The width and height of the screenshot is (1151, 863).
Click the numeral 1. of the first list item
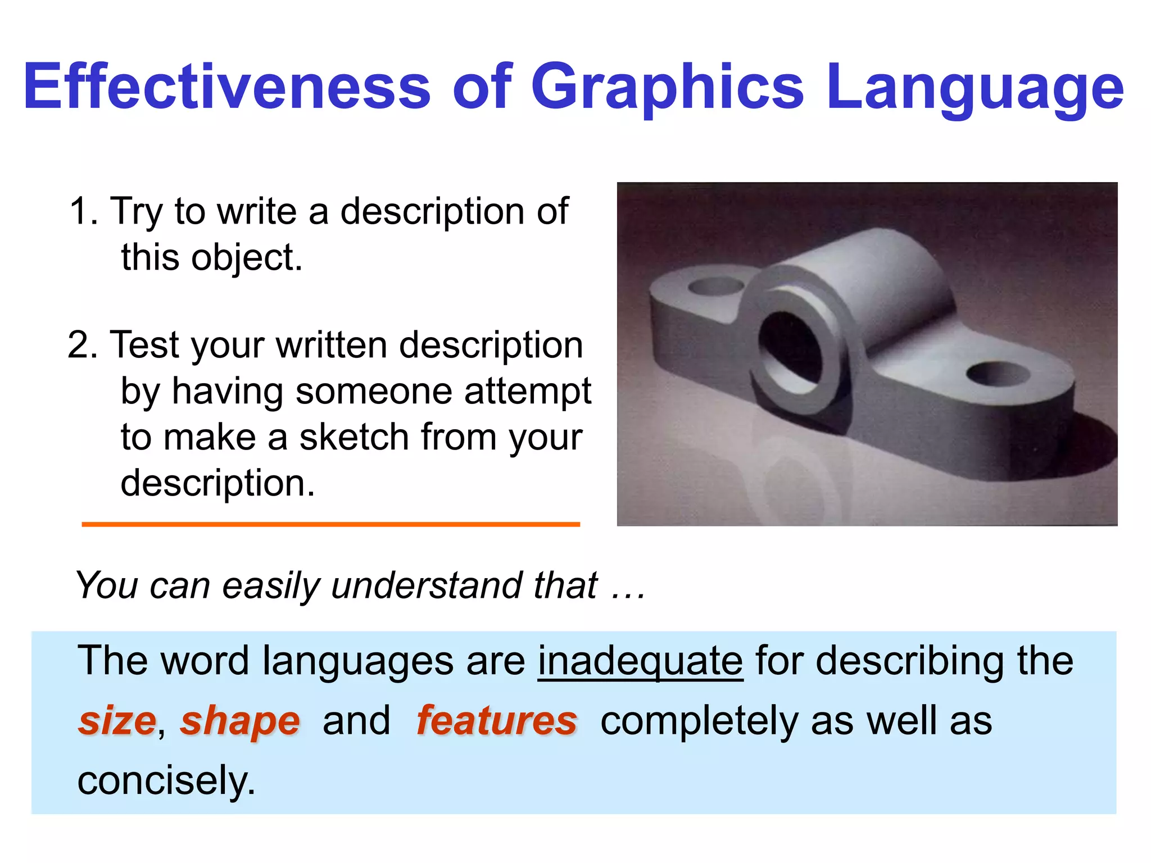tap(84, 211)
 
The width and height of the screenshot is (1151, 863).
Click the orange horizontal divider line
tap(330, 524)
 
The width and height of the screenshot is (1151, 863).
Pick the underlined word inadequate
tap(640, 661)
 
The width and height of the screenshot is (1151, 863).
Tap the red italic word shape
tap(240, 722)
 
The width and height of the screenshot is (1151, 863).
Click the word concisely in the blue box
tap(166, 782)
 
